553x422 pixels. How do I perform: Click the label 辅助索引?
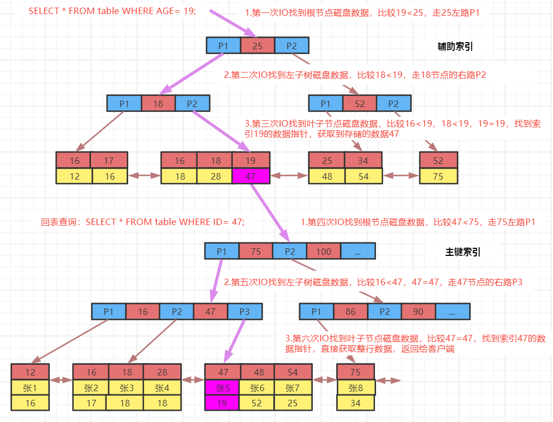coord(455,47)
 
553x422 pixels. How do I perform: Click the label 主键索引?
coord(463,252)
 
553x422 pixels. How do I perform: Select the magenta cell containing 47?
coord(251,176)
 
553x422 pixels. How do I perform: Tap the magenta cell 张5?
coord(222,387)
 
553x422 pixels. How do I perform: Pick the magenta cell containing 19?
coord(222,403)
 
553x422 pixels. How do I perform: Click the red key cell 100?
coord(324,251)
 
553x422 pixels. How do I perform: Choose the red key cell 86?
coord(351,312)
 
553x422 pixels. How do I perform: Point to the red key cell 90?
coord(418,312)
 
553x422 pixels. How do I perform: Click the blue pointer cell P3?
coord(245,311)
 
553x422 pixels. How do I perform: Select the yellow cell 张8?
coord(356,387)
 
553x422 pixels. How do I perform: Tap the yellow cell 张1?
coord(30,387)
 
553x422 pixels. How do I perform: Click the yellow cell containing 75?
coord(438,176)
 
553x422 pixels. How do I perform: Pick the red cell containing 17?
coord(109,161)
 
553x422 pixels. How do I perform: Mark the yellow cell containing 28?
coord(214,176)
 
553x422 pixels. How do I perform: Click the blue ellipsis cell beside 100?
coord(358,251)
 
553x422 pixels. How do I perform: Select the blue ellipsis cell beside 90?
coord(452,312)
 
